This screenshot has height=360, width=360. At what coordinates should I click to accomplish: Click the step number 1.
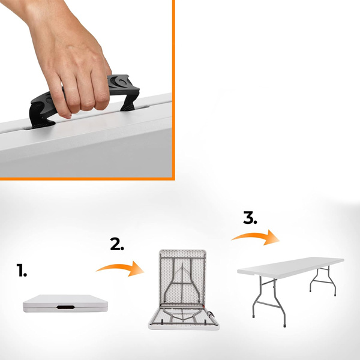click(22, 270)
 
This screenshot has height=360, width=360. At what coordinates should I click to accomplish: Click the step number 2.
click(117, 244)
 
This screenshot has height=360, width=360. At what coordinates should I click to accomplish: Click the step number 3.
click(250, 218)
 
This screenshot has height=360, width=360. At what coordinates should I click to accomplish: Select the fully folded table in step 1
click(65, 304)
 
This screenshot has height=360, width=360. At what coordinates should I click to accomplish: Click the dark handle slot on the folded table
click(65, 307)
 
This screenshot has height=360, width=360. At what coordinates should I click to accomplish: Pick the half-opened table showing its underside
click(183, 290)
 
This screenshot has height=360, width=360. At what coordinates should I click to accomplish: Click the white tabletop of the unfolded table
click(290, 267)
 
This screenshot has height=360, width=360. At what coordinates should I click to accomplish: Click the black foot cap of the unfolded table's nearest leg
click(285, 325)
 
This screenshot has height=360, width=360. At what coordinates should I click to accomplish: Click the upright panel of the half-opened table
click(182, 278)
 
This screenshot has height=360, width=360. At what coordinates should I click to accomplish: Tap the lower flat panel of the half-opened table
click(184, 318)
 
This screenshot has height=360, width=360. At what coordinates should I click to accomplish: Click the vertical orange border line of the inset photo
click(173, 89)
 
